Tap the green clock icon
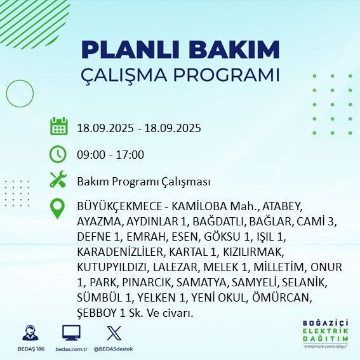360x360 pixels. [58, 154]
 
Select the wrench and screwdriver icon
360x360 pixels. [58, 180]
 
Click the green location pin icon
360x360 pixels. [58, 209]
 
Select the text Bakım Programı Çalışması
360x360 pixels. [143, 182]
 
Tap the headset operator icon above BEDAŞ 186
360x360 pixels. [28, 333]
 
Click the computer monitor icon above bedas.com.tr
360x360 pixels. [70, 333]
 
